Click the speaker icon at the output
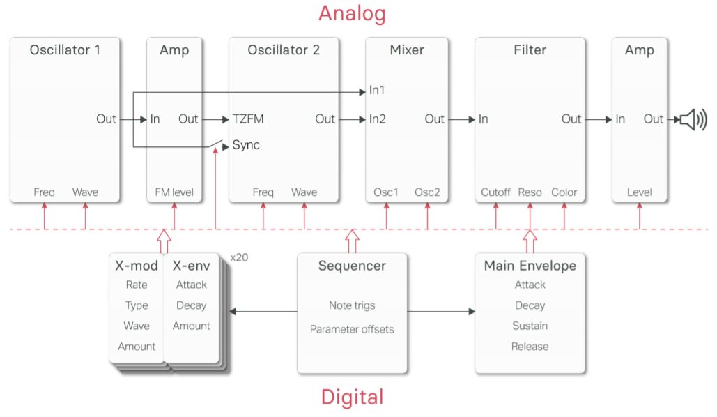point(693,119)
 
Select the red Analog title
point(352,13)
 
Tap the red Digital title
point(352,397)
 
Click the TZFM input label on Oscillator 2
point(247,119)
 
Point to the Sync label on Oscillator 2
point(246,145)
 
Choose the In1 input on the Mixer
point(377,90)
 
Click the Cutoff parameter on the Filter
point(495,192)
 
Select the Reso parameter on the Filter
point(530,192)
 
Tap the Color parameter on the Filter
point(564,192)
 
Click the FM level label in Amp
point(174,192)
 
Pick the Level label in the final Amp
point(639,192)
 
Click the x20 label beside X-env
point(239,257)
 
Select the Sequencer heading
point(352,266)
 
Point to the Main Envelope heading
point(530,266)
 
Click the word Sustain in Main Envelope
point(530,326)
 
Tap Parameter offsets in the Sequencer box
point(352,329)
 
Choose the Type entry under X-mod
point(137,305)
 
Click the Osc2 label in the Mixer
point(427,192)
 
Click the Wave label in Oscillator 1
point(85,192)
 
